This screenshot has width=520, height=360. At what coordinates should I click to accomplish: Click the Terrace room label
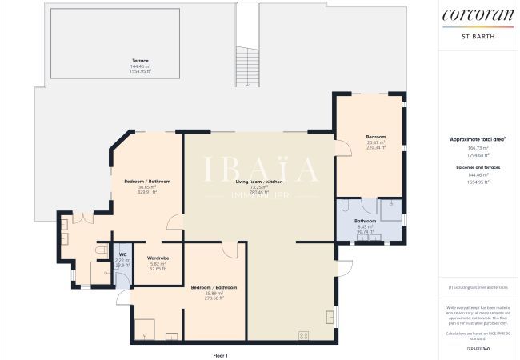click(x=141, y=60)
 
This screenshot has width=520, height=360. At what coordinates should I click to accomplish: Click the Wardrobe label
click(x=158, y=258)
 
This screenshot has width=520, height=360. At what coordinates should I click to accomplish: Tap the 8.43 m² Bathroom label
click(x=365, y=220)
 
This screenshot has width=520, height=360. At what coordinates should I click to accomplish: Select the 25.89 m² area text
click(x=213, y=293)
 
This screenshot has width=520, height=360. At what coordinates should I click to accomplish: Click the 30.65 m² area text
click(x=148, y=187)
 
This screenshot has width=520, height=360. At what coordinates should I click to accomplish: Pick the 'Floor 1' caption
click(x=220, y=354)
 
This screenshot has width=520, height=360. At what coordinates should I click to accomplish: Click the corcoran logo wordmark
click(x=478, y=15)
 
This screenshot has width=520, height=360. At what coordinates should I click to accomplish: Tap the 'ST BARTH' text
click(x=478, y=36)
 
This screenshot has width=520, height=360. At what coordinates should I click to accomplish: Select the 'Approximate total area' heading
click(x=478, y=139)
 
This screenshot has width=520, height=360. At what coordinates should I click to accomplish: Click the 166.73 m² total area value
click(x=478, y=148)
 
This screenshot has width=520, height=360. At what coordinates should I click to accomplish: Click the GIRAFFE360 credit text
click(x=478, y=350)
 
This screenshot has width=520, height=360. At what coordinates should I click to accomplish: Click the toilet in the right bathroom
click(x=344, y=206)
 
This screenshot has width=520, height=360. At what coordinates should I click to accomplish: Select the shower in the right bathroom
click(x=390, y=210)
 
